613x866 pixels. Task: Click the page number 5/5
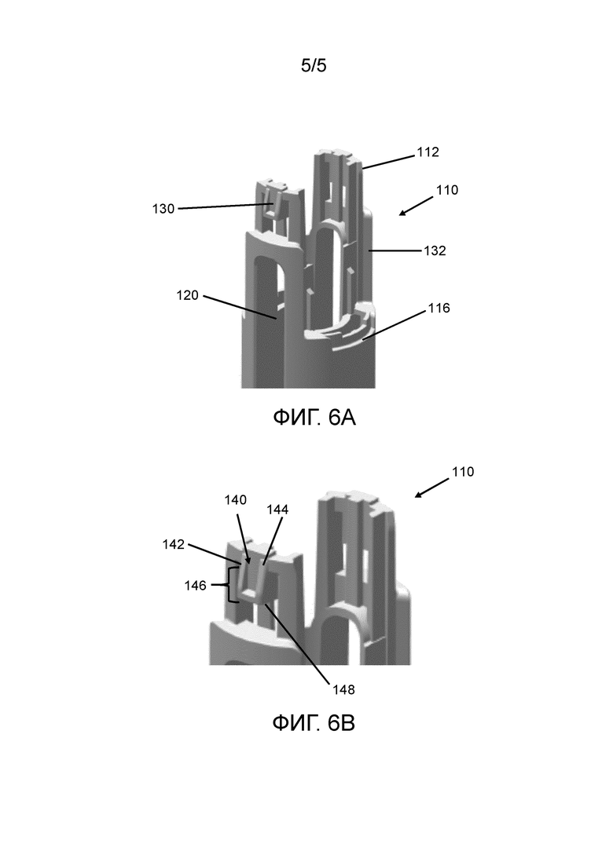[314, 66]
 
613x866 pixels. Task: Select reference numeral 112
[428, 152]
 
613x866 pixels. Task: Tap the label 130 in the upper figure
[163, 209]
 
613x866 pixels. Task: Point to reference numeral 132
[435, 250]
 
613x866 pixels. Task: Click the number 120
[187, 295]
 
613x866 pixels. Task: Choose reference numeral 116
[439, 309]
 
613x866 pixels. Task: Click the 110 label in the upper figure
[447, 190]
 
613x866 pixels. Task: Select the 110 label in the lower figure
[463, 472]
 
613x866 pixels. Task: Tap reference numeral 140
[236, 500]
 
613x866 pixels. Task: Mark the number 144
[277, 510]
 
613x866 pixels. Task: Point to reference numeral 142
[173, 545]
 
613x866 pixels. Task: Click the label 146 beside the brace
[195, 586]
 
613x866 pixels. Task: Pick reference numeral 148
[343, 690]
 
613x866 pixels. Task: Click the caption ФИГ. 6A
[314, 418]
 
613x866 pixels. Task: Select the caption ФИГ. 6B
[314, 723]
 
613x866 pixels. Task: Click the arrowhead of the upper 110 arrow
[402, 213]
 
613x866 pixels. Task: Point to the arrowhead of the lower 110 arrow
[418, 495]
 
